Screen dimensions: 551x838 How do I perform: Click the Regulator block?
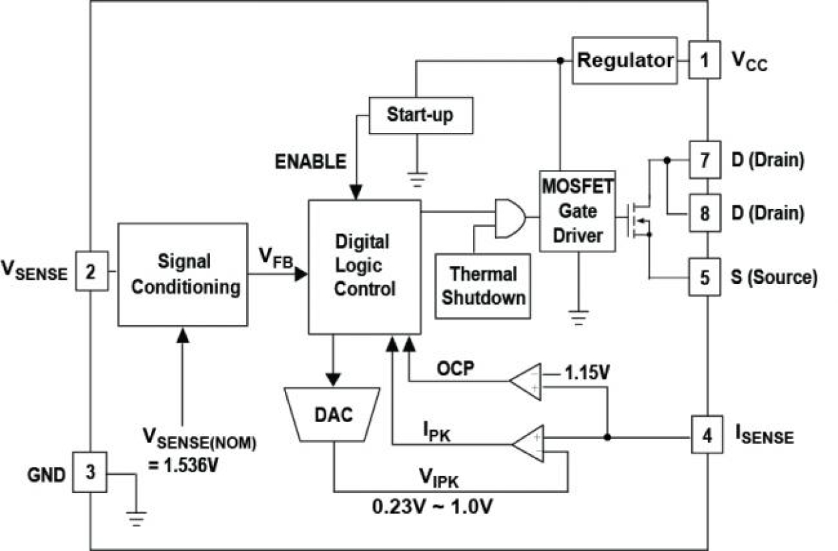pos(624,61)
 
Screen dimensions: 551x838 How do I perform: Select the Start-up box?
pos(420,115)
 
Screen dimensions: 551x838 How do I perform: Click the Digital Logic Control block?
pos(364,266)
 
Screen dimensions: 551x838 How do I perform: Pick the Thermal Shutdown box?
pos(482,286)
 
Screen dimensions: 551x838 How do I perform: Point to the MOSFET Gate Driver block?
pos(577,211)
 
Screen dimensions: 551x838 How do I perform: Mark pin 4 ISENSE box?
pos(707,436)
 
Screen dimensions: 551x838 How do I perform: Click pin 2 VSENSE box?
pos(91,270)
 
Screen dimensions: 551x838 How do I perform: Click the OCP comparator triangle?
pos(526,382)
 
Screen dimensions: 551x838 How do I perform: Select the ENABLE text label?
pos(311,161)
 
